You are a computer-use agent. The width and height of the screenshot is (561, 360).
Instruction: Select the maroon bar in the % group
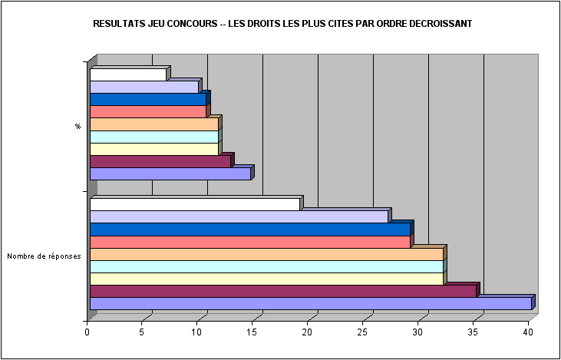pos(160,162)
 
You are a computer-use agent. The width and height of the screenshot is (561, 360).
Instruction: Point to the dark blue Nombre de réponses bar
pos(249,230)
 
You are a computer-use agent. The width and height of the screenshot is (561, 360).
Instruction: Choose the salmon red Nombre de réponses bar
pos(249,242)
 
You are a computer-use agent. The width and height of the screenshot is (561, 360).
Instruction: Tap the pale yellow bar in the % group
pos(153,150)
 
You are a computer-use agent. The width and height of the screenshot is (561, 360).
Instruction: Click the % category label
pos(78,127)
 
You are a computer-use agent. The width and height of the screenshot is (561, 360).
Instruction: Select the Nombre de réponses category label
pos(44,256)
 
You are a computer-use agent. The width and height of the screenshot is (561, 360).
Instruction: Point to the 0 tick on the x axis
pos(87,332)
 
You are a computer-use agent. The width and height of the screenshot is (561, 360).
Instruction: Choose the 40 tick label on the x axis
pos(528,332)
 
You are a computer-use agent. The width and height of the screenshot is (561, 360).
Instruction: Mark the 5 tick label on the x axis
pos(142,332)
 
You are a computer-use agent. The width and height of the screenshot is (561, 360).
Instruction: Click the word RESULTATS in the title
pos(117,24)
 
